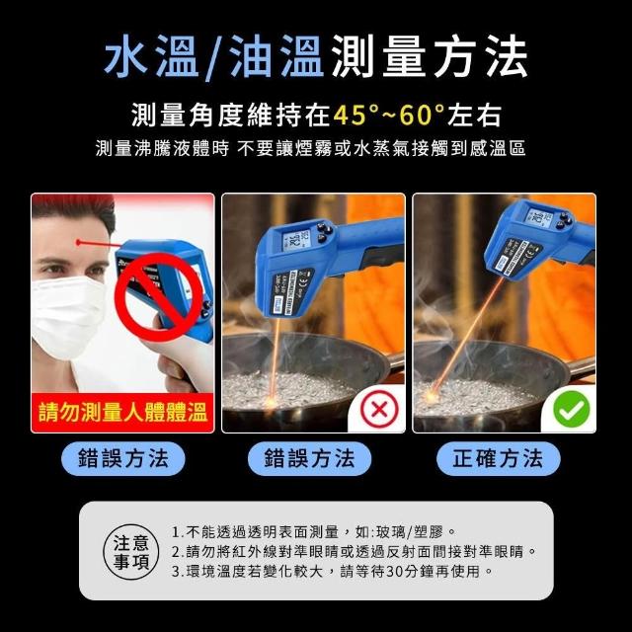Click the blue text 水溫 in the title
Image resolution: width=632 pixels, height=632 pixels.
[151, 56]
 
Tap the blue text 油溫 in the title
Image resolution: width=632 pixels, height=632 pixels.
[276, 56]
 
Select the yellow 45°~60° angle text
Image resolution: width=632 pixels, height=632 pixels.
[389, 115]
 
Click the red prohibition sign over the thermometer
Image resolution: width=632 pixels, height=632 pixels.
[158, 297]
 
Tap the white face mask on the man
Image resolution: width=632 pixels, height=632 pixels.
[68, 316]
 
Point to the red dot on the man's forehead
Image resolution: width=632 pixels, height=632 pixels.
[79, 243]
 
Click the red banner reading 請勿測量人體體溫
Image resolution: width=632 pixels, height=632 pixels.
[122, 413]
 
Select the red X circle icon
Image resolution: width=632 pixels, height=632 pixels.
[379, 410]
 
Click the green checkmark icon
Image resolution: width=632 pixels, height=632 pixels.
[571, 409]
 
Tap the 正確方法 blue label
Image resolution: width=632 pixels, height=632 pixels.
[498, 458]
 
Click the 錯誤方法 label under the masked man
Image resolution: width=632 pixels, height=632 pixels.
[122, 458]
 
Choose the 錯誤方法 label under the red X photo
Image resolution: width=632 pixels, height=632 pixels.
[309, 458]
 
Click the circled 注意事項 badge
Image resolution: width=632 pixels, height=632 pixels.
[131, 551]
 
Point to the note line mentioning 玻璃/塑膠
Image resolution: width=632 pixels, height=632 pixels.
[314, 532]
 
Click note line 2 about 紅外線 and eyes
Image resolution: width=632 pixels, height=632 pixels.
[355, 552]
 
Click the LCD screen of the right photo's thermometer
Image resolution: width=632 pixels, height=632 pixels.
[539, 218]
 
